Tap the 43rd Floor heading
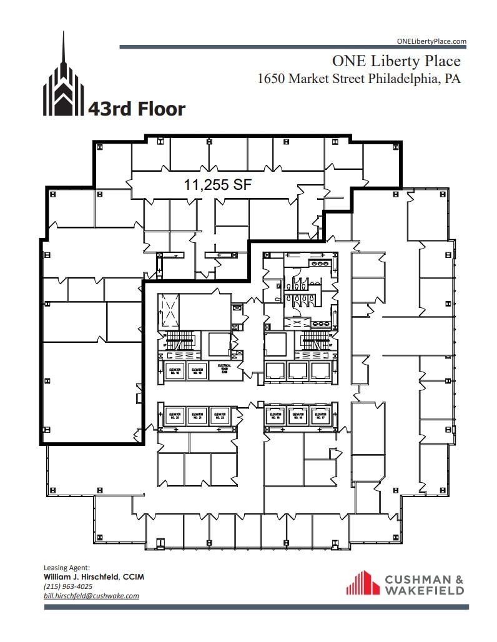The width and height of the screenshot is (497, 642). click(137, 109)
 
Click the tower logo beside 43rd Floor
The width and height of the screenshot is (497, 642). click(63, 81)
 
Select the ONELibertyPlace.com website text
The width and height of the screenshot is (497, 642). click(431, 41)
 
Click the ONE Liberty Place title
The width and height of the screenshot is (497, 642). click(396, 61)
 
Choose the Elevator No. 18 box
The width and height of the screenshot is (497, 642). click(174, 371)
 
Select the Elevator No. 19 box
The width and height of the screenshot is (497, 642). click(197, 371)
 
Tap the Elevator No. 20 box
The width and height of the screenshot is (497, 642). click(174, 415)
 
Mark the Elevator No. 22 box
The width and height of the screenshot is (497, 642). click(219, 415)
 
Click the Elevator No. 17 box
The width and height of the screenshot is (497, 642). click(320, 415)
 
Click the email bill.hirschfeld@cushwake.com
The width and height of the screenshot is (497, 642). click(91, 596)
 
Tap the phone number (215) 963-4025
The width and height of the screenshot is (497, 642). click(68, 586)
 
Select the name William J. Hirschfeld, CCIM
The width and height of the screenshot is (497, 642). click(93, 577)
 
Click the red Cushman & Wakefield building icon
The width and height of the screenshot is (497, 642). click(363, 583)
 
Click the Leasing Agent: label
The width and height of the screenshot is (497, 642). click(67, 568)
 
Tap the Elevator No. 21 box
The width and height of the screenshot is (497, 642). click(197, 415)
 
